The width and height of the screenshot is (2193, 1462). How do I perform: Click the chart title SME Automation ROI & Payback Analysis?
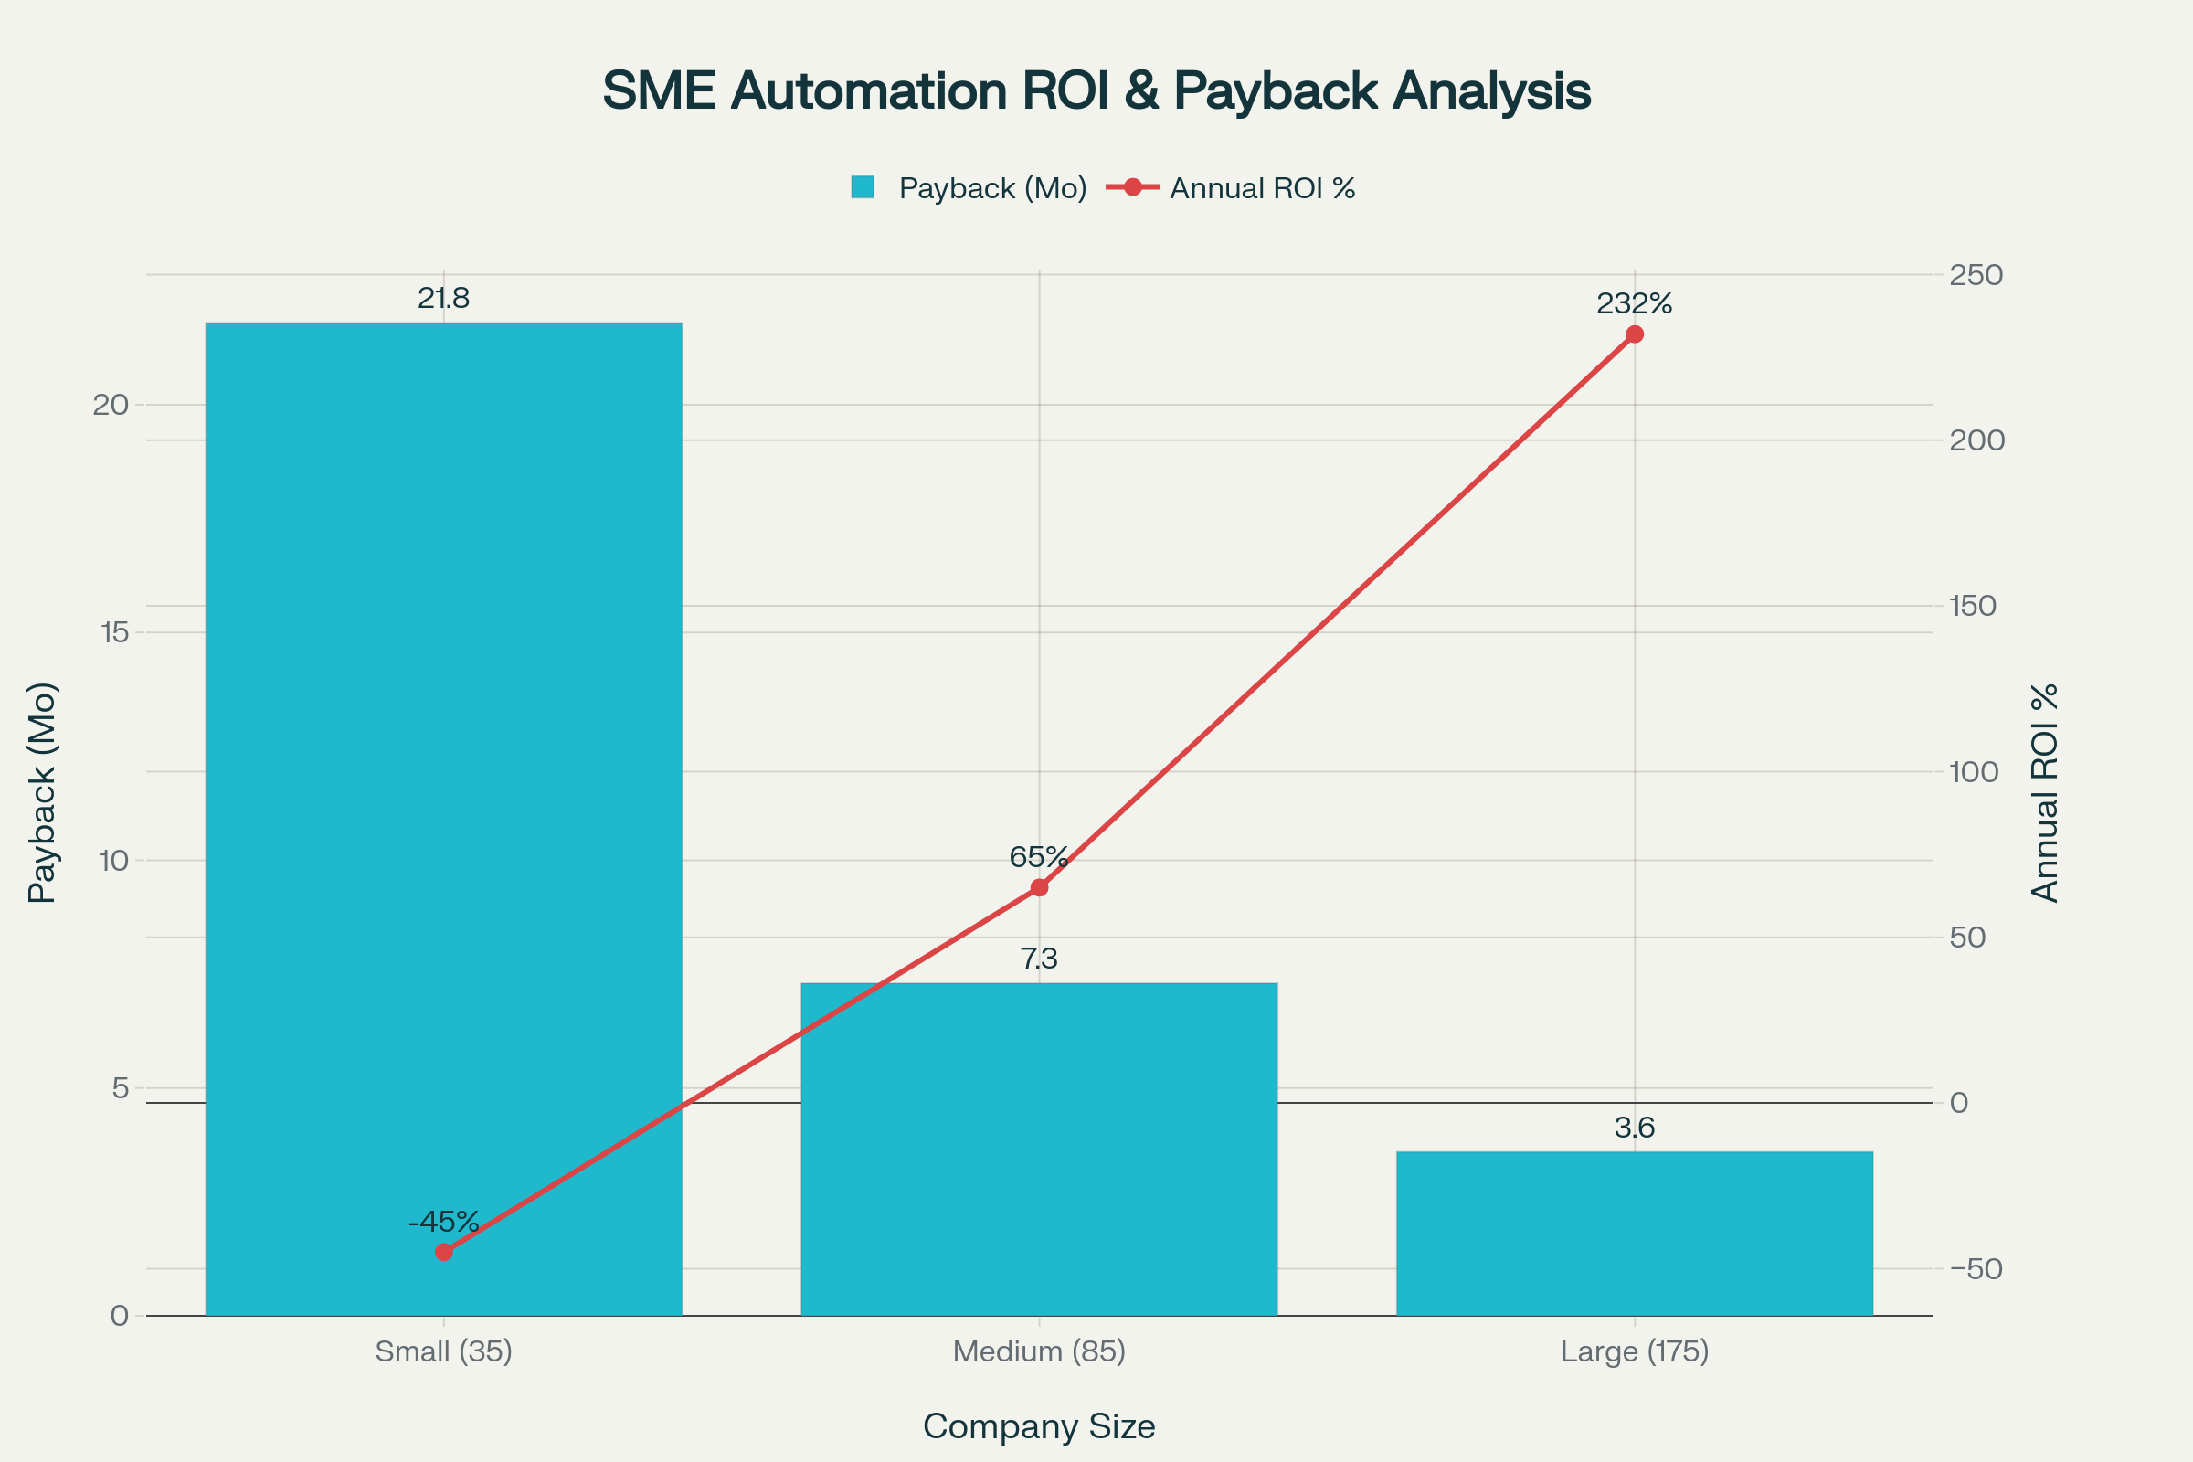[x=1096, y=91]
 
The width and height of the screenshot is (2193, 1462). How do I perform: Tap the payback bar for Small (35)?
[x=444, y=746]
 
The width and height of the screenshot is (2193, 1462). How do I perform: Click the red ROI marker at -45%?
[x=444, y=1252]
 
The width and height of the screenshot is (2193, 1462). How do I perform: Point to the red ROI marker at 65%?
[x=1039, y=887]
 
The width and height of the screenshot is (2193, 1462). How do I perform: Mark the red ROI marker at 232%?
[x=1635, y=334]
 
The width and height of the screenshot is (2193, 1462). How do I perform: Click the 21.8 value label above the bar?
[x=444, y=299]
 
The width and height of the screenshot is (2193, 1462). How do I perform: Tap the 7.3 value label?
[x=1039, y=959]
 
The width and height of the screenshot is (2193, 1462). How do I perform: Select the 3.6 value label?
[x=1635, y=1128]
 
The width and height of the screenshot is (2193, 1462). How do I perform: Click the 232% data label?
[x=1635, y=304]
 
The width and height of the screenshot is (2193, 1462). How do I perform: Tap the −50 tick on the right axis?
[x=1976, y=1269]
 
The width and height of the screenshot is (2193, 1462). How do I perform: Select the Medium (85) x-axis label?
[x=1039, y=1352]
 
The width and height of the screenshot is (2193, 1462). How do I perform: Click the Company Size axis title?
[x=1039, y=1426]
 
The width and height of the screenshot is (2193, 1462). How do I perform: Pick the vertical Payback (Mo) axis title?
[x=43, y=792]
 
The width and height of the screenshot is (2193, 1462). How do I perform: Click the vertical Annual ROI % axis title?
[x=2045, y=792]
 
